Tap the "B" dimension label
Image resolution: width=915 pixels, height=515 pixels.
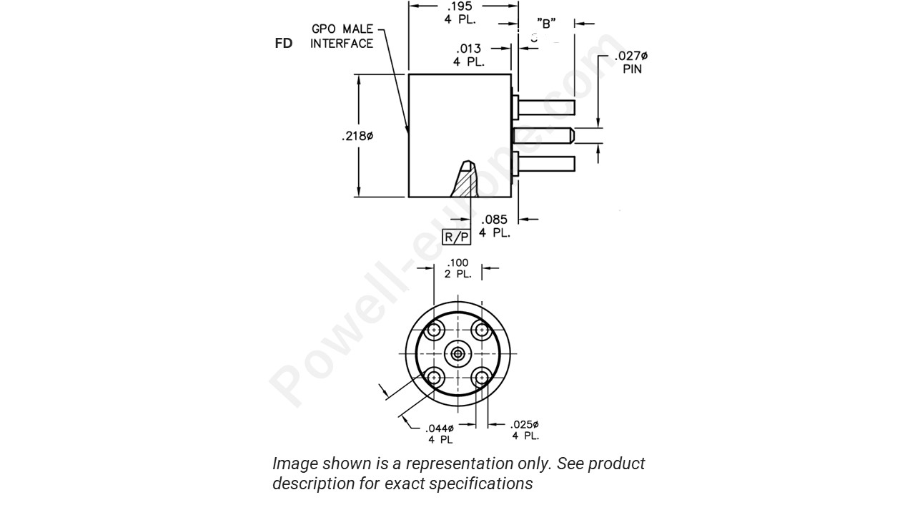[x=546, y=24]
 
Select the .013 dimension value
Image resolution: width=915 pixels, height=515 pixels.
[x=468, y=49]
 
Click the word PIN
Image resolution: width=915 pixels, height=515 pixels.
[x=632, y=69]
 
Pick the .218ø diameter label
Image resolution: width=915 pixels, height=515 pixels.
[x=357, y=136]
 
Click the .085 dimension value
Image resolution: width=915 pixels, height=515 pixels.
[x=494, y=220]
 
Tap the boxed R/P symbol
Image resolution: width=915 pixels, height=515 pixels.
[x=457, y=237]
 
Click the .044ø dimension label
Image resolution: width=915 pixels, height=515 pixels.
[x=440, y=428]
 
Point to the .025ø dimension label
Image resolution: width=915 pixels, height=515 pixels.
[x=525, y=424]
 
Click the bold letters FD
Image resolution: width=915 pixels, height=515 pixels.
[x=284, y=44]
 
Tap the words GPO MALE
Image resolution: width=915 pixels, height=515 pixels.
[x=342, y=29]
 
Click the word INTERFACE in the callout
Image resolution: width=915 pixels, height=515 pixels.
[x=342, y=44]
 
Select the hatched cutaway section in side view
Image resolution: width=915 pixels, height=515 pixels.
[x=465, y=182]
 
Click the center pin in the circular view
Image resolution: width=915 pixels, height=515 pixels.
[x=457, y=353]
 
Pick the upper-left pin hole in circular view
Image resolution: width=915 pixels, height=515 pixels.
[x=434, y=330]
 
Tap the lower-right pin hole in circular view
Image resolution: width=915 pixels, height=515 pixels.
[x=482, y=377]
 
